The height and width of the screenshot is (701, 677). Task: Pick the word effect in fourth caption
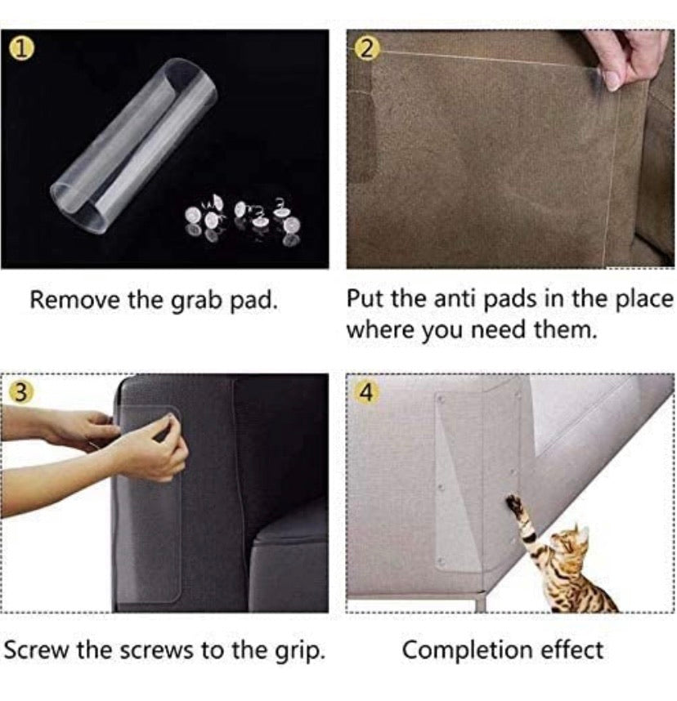(x=572, y=651)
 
